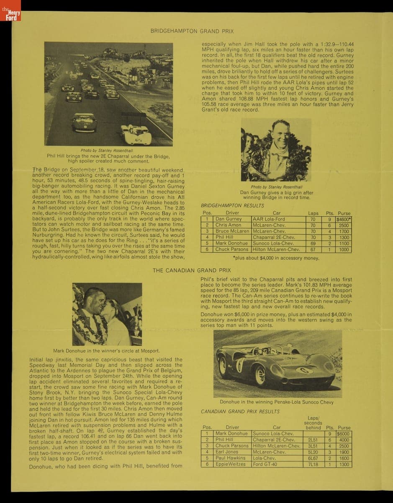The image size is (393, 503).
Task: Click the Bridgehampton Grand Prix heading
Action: click(x=192, y=31)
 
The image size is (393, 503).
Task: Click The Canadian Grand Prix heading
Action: click(x=191, y=270)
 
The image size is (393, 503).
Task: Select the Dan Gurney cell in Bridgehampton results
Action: click(x=229, y=219)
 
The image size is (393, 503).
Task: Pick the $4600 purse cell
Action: click(x=344, y=219)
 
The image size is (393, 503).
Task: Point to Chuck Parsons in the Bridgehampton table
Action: click(x=231, y=249)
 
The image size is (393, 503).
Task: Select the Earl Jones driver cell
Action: click(x=227, y=452)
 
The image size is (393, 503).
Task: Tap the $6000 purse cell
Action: click(x=344, y=434)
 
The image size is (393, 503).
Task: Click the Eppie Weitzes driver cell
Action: click(x=231, y=464)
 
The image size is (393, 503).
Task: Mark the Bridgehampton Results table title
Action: click(x=232, y=206)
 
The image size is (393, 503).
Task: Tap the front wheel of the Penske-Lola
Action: click(x=260, y=374)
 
